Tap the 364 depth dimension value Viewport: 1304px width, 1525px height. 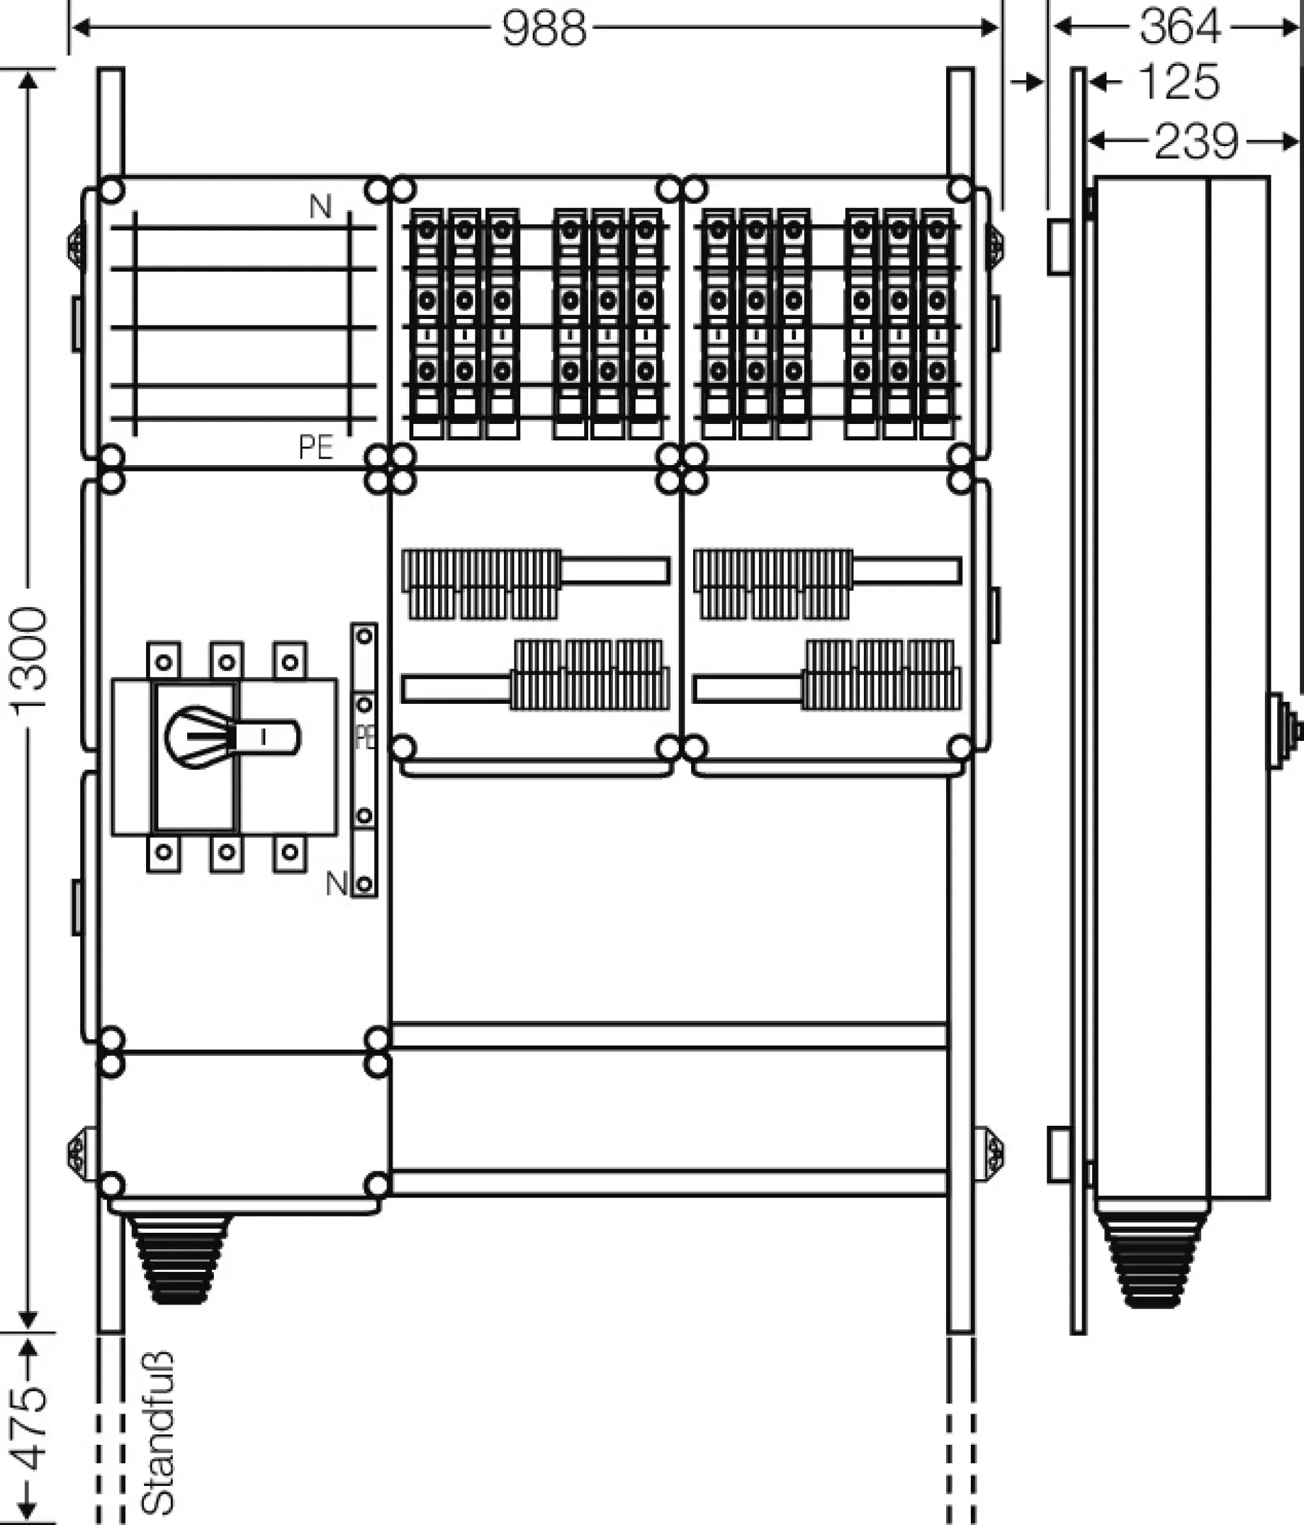point(1179,27)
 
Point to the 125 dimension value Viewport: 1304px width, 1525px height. point(1179,82)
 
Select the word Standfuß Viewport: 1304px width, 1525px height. point(158,1432)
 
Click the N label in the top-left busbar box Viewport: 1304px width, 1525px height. point(320,207)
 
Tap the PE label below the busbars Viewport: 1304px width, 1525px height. point(316,447)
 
